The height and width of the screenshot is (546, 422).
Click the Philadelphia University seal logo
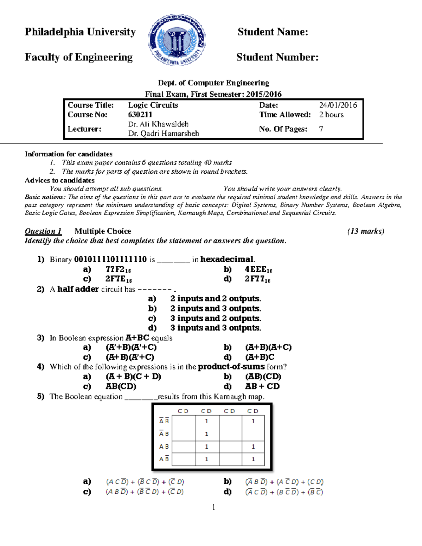(177, 40)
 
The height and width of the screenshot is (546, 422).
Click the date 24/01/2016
(338, 105)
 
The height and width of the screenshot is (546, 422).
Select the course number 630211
(140, 115)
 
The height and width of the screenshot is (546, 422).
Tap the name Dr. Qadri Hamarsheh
(164, 134)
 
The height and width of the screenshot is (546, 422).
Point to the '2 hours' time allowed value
(331, 115)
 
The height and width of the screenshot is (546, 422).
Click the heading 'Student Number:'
(277, 57)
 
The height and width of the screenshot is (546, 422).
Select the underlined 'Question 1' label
(43, 231)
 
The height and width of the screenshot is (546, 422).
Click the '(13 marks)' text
(365, 231)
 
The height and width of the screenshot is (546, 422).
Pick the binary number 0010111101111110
(110, 259)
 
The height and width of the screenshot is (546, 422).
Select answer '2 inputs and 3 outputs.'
(216, 309)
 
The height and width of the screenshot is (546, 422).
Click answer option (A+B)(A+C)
(268, 347)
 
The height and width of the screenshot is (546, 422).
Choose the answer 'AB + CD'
(262, 386)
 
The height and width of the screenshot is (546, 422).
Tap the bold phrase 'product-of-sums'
(231, 367)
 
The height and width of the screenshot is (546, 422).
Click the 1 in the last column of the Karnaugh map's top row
(253, 421)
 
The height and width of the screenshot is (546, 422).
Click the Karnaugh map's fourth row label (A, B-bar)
(164, 459)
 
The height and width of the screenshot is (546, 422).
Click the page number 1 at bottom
(213, 507)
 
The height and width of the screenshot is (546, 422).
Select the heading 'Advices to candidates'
(60, 180)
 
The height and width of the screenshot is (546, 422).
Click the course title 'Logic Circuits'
(153, 105)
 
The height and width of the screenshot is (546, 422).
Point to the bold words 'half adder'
(78, 289)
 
